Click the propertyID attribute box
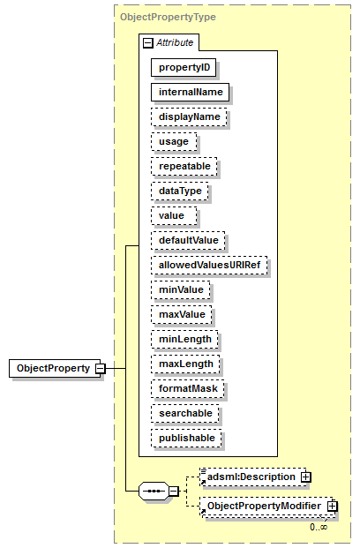[x=184, y=67]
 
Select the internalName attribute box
[x=190, y=93]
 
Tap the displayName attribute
[x=189, y=117]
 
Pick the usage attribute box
[x=174, y=142]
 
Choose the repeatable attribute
[x=184, y=167]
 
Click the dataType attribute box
[x=180, y=191]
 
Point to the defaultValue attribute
[x=188, y=240]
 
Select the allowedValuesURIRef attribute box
[x=209, y=266]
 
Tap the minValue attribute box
[x=181, y=290]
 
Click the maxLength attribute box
[x=185, y=364]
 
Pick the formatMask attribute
[x=188, y=389]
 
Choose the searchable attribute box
[x=185, y=414]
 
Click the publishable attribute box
[x=187, y=439]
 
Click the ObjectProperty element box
[x=55, y=368]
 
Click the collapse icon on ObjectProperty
[x=101, y=368]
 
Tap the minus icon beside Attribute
[x=148, y=43]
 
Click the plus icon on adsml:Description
[x=306, y=477]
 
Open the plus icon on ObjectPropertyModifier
[x=333, y=506]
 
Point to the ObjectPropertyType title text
[x=168, y=17]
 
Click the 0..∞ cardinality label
[x=319, y=527]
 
